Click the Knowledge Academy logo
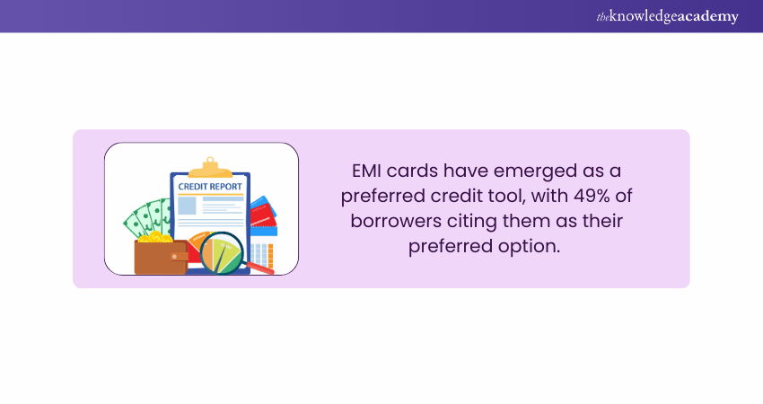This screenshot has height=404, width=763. (x=667, y=16)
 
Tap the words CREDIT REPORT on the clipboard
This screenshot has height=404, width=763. (x=209, y=187)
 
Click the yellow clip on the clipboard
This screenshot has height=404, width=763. (x=209, y=167)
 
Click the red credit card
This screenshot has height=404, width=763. (x=263, y=215)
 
